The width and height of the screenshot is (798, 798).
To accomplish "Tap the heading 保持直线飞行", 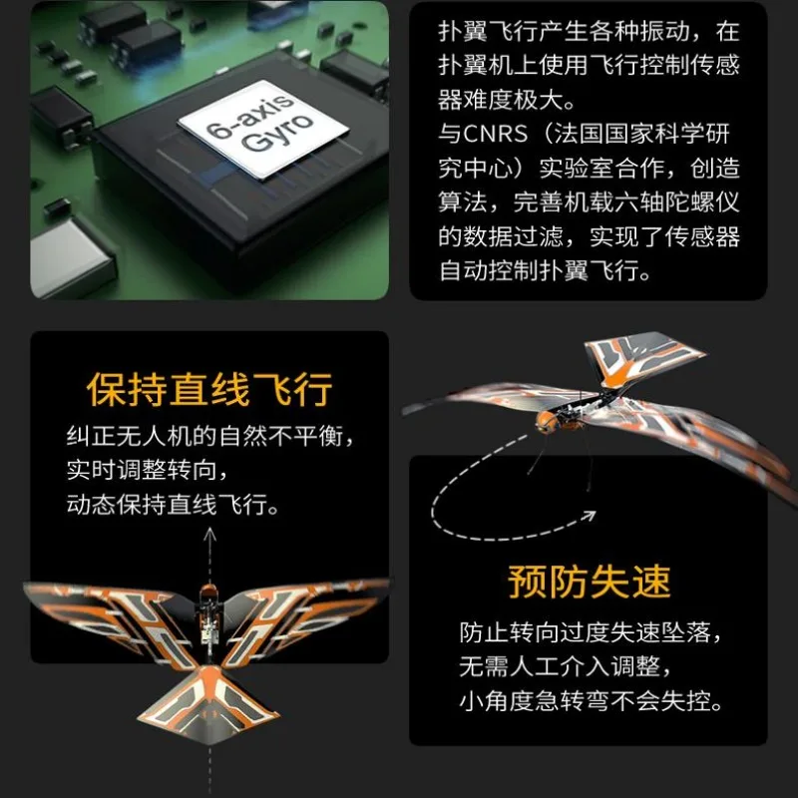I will (209, 390).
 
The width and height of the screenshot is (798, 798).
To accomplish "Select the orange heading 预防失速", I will (589, 582).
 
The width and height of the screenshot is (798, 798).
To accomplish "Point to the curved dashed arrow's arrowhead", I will (589, 517).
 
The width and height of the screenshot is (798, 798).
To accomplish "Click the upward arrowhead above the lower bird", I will (210, 533).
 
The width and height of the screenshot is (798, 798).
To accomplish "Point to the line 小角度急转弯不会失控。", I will (591, 700).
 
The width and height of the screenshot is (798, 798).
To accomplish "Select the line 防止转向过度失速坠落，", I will (591, 633).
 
